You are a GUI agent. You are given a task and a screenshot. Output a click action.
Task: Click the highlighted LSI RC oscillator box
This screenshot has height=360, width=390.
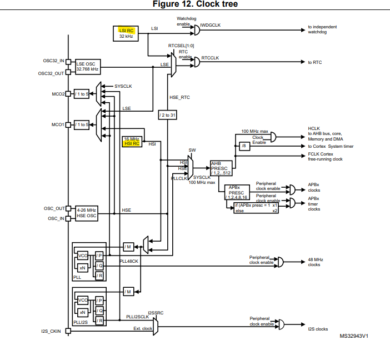pos(126,33)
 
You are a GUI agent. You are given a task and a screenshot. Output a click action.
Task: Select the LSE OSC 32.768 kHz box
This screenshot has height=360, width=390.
pos(88,67)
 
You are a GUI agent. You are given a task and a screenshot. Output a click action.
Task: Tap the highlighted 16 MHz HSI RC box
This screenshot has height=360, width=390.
pos(132,142)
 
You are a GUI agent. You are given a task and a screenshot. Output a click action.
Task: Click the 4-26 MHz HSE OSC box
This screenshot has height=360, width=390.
pos(87,213)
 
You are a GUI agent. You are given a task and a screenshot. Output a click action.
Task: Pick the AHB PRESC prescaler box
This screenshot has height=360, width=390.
pos(221,168)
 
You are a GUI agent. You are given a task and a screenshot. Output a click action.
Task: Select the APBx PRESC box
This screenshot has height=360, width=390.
pos(237,192)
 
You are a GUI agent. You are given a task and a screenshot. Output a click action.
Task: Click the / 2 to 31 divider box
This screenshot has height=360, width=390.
pos(167,115)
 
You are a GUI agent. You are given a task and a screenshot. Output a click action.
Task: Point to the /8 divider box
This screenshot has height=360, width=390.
pos(244,146)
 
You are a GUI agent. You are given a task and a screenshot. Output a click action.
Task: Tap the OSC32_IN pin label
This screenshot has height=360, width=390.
pos(53,61)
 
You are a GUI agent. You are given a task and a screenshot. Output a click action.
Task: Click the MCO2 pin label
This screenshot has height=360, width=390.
pos(58,94)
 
